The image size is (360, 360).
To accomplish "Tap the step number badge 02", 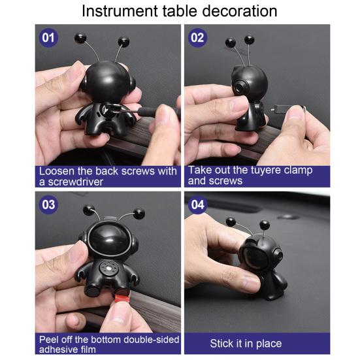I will tap(197, 37).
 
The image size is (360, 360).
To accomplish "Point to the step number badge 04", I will tap(197, 205).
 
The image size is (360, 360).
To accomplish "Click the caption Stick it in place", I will tap(246, 344).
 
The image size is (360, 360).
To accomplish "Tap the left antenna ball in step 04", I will tap(229, 222).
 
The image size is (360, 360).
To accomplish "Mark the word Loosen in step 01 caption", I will tap(57, 171).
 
